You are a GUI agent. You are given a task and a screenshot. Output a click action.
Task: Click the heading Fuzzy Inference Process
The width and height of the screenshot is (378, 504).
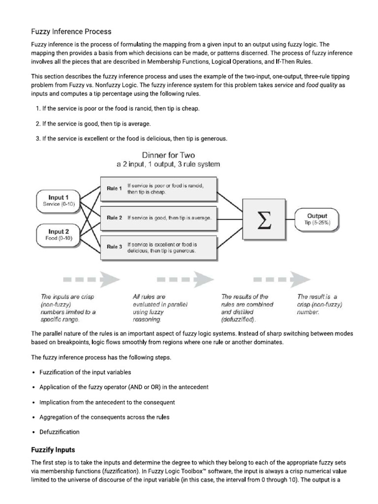tap(71, 31)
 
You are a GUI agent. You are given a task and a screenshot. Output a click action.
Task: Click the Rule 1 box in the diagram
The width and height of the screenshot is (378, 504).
tap(158, 189)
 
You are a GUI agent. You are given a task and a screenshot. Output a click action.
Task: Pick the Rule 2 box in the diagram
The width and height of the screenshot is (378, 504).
tap(158, 218)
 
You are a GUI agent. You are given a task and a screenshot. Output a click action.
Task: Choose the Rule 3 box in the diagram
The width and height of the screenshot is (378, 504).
tap(158, 247)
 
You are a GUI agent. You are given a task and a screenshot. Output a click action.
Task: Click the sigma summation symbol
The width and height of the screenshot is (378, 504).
tap(264, 219)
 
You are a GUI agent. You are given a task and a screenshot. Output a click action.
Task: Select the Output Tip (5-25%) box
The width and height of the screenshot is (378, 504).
tap(317, 219)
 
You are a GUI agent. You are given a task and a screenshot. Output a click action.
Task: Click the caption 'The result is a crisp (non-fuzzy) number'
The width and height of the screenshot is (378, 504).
tap(319, 304)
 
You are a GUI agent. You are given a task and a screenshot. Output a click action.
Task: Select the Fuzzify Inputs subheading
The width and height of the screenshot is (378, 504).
tap(53, 450)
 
